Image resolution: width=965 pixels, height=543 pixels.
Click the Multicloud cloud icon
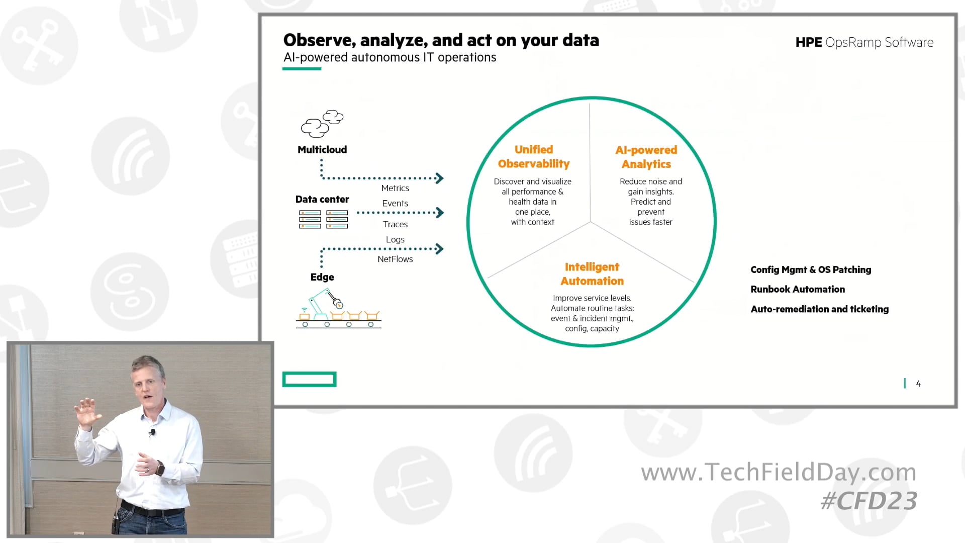tap(322, 124)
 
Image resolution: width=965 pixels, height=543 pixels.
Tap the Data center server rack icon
tap(324, 219)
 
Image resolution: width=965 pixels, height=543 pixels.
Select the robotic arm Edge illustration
tap(338, 309)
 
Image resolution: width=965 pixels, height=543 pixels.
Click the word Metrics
tap(395, 188)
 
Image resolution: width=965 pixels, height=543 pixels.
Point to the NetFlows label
tap(395, 259)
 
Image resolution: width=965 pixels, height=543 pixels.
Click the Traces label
tap(395, 224)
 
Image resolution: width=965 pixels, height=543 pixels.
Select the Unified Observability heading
tap(533, 156)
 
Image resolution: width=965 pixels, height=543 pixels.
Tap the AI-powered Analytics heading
tap(646, 157)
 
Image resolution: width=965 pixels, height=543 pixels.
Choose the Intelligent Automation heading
tap(592, 274)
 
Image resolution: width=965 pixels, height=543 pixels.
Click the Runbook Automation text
tap(797, 289)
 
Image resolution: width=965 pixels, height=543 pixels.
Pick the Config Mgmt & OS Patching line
tap(810, 269)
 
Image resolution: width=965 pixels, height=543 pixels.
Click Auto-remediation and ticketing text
tap(819, 309)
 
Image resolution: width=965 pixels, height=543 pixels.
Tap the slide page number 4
tap(918, 384)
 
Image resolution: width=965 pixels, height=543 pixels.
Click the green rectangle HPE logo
tap(309, 379)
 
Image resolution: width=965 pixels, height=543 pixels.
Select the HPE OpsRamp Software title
tap(864, 42)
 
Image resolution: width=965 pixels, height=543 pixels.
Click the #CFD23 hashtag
tap(868, 501)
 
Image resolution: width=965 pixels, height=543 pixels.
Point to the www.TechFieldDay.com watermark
tap(778, 472)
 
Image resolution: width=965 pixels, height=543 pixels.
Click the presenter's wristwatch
tap(160, 469)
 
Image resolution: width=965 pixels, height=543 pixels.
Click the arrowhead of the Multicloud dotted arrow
tap(440, 178)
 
